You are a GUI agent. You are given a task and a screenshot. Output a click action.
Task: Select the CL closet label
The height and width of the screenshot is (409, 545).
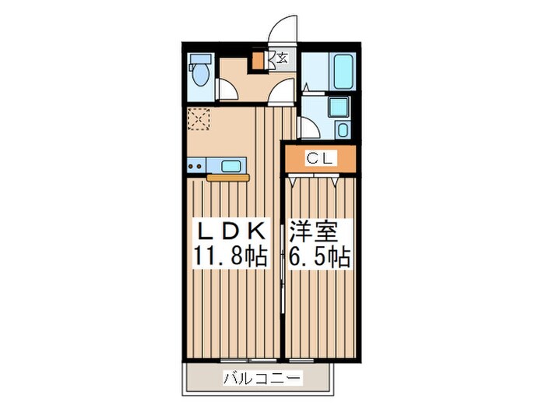click(319, 159)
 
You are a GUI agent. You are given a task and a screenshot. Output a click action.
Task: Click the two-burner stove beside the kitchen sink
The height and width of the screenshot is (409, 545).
click(195, 164)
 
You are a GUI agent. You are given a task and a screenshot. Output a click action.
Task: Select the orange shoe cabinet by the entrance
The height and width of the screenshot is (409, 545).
click(258, 62)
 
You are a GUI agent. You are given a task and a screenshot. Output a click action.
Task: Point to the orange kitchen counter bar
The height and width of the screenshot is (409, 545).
click(227, 178)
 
